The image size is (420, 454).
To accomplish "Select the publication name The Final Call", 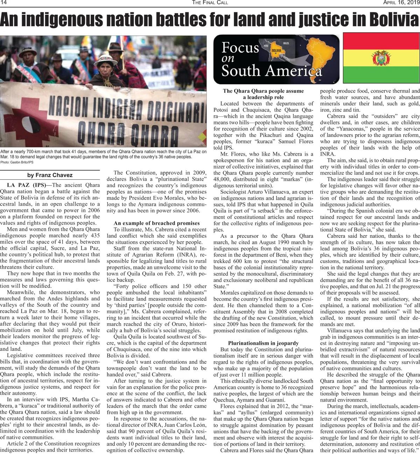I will click(210, 2).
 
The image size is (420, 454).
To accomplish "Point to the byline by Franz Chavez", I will click(50, 175).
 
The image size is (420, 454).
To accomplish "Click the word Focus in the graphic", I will click(240, 48).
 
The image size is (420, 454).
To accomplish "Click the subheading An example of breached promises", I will click(156, 223).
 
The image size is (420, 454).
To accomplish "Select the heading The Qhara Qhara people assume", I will click(263, 91).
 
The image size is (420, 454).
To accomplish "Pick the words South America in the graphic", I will click(271, 71).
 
